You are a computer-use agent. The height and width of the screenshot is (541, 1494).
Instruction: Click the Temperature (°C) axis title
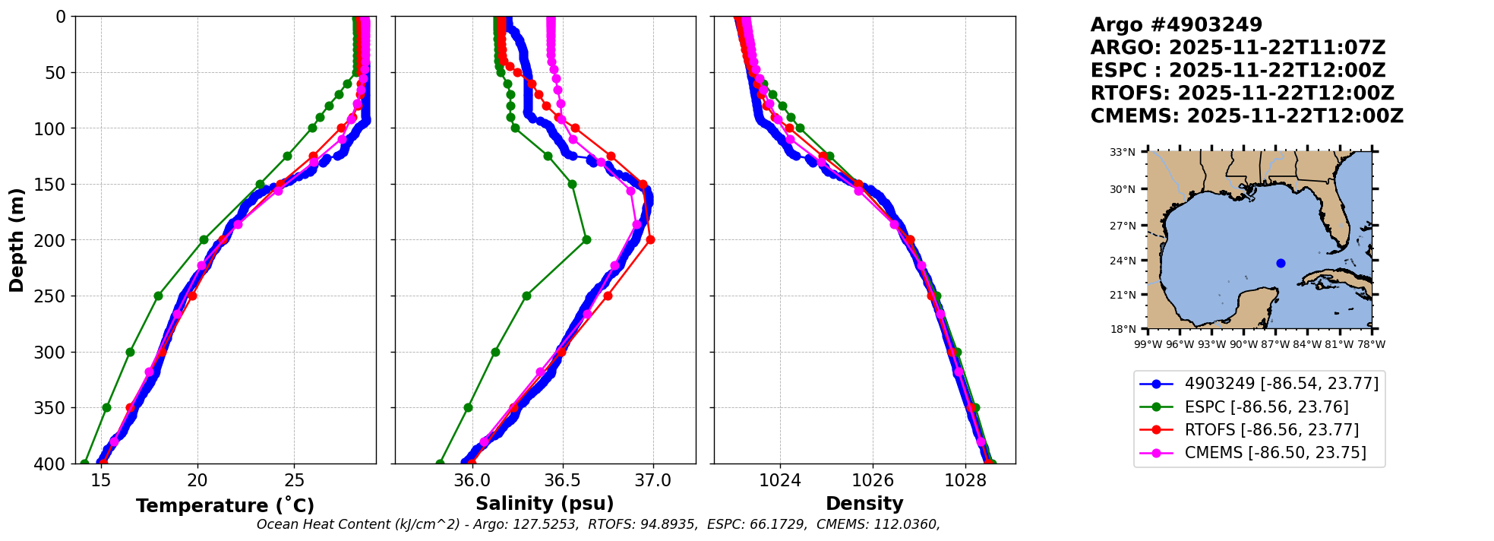tap(225, 506)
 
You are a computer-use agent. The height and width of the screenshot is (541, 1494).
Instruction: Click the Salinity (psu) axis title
tap(545, 504)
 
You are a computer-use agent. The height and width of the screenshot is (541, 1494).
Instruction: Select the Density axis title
tap(864, 504)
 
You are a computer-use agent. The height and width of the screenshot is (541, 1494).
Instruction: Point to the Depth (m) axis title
tap(17, 240)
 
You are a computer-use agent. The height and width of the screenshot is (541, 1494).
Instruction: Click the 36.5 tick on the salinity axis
tap(562, 480)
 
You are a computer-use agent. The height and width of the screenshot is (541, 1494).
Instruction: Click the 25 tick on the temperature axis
tap(295, 480)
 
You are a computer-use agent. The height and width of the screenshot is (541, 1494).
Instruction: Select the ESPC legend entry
tap(1266, 407)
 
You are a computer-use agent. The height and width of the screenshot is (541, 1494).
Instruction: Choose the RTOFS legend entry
tap(1271, 430)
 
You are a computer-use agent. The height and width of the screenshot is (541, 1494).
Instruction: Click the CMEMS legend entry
tap(1275, 453)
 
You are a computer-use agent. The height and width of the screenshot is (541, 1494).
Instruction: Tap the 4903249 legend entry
tap(1281, 384)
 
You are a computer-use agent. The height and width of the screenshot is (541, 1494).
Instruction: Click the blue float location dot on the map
tap(1281, 263)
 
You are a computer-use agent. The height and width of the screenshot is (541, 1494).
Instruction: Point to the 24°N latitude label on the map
tap(1123, 261)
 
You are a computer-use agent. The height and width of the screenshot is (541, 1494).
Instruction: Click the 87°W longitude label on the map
tap(1276, 344)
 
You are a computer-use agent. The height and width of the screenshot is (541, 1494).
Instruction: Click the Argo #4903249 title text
tap(1176, 25)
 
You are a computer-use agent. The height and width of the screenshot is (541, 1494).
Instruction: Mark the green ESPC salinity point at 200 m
tap(586, 240)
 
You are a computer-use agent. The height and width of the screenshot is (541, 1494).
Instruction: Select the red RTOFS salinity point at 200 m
tap(650, 240)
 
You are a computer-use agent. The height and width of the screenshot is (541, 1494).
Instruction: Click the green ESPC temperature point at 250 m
tap(158, 296)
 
